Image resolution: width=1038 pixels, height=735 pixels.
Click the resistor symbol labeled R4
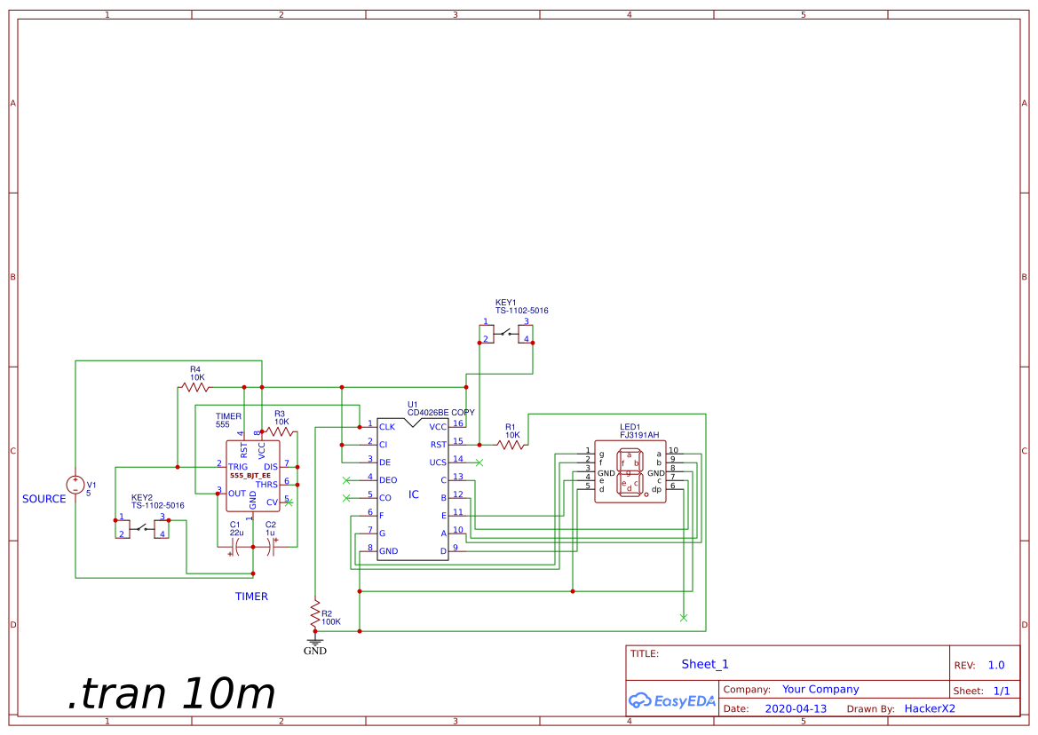click(194, 387)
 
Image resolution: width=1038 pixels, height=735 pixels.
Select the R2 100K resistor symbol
click(314, 612)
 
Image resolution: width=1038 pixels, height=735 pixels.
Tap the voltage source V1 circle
click(75, 485)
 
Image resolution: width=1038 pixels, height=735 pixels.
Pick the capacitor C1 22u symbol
click(235, 547)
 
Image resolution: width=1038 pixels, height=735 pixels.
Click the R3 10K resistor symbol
click(280, 431)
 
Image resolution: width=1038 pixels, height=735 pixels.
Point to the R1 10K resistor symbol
click(511, 445)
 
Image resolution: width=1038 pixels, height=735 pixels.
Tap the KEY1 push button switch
click(506, 335)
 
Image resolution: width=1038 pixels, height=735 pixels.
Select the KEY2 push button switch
click(142, 530)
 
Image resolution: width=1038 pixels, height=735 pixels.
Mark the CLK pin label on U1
click(387, 427)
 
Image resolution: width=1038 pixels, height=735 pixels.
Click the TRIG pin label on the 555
click(238, 466)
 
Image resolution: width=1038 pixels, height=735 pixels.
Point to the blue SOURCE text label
click(44, 499)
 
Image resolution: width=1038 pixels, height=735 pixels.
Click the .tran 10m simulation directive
click(170, 692)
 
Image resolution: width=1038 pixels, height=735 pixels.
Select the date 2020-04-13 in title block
click(795, 708)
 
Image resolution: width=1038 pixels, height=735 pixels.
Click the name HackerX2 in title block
click(929, 708)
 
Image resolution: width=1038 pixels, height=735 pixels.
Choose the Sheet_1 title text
click(705, 664)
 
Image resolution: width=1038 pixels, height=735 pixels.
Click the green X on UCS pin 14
click(479, 462)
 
